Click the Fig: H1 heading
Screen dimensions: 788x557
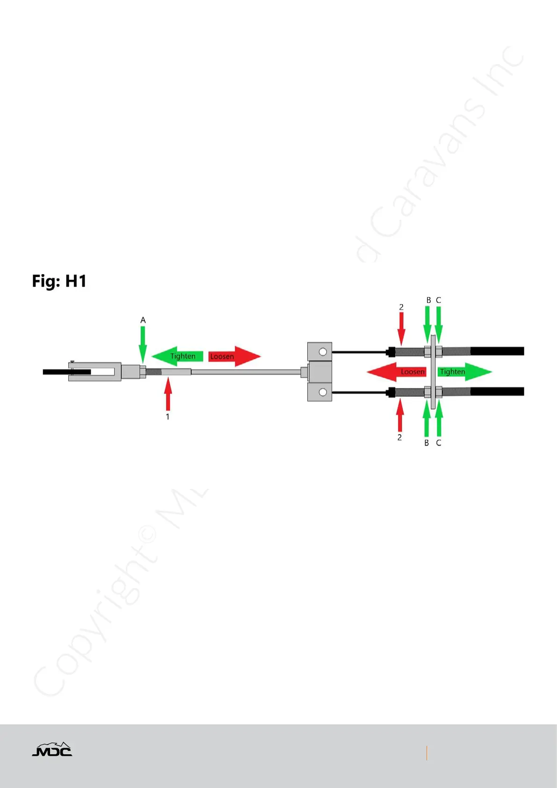coord(59,281)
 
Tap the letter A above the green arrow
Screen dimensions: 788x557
coord(143,320)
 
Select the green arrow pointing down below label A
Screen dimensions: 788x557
coord(143,343)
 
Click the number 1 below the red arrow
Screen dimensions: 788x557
coord(167,416)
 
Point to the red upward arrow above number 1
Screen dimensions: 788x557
coord(168,394)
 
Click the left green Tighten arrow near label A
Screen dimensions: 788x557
coord(178,356)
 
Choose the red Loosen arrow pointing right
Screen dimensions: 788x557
coord(234,356)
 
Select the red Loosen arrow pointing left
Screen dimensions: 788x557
coord(397,372)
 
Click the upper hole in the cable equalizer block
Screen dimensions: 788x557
coord(323,351)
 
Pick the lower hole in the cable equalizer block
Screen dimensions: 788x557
coord(323,392)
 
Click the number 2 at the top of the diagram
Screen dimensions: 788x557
coord(401,307)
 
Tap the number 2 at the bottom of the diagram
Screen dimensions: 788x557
coord(399,437)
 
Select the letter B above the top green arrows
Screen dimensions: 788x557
coord(428,300)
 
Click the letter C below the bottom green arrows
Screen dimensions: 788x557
coord(439,443)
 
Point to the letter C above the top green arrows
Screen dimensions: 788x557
coord(439,300)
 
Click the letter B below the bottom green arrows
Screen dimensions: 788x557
coord(427,443)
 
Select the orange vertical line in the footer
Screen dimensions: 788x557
coord(427,753)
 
